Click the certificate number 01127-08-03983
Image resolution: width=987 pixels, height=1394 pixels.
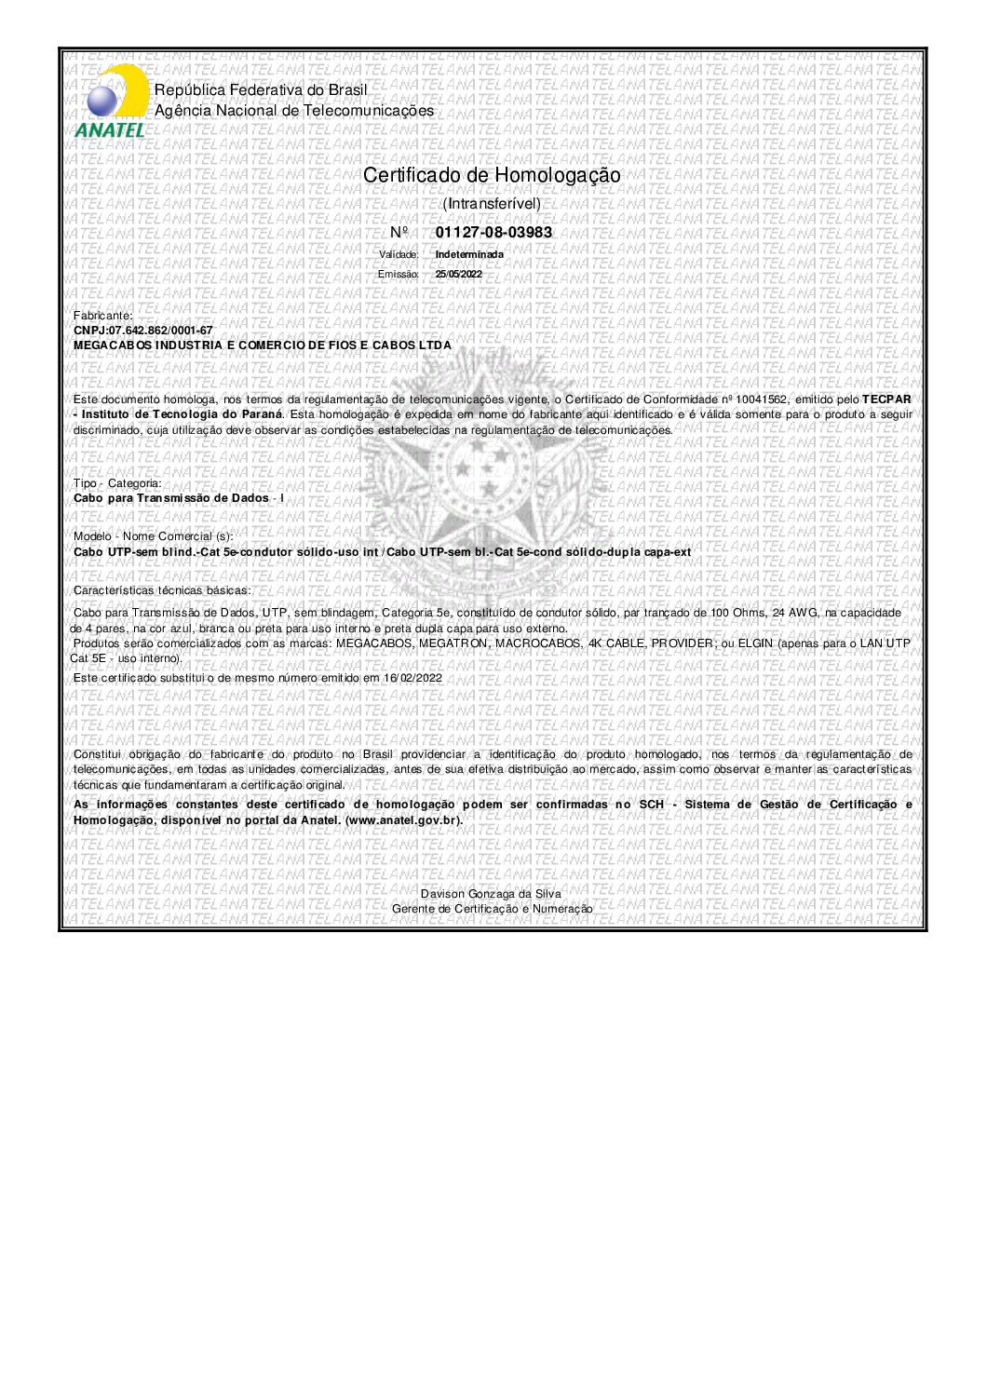pyautogui.click(x=493, y=233)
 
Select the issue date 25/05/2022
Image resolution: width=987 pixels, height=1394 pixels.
pyautogui.click(x=458, y=274)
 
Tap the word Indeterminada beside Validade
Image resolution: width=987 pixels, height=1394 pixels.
pyautogui.click(x=469, y=254)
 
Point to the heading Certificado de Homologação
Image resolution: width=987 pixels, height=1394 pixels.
pyautogui.click(x=492, y=175)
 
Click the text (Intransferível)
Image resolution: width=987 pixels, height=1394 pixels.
pyautogui.click(x=492, y=203)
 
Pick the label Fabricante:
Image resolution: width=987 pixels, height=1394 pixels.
pyautogui.click(x=102, y=316)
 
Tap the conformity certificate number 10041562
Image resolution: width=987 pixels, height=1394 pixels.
pyautogui.click(x=762, y=399)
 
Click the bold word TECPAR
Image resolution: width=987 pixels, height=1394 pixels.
pyautogui.click(x=886, y=399)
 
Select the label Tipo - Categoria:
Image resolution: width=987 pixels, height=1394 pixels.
pyautogui.click(x=116, y=483)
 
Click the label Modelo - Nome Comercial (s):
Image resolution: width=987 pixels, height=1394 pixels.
pyautogui.click(x=153, y=536)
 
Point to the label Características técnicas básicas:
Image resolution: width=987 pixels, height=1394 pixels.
pyautogui.click(x=162, y=590)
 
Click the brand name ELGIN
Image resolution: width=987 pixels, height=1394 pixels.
pyautogui.click(x=756, y=643)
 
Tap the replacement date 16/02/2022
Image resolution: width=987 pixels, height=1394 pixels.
pyautogui.click(x=412, y=678)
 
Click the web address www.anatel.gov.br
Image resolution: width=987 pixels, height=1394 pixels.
pyautogui.click(x=403, y=820)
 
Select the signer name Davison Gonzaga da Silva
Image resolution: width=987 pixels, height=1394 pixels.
pyautogui.click(x=491, y=894)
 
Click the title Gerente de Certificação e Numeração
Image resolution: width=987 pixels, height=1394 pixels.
pyautogui.click(x=492, y=909)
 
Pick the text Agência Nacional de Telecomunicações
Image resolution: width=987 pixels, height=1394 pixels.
pyautogui.click(x=294, y=111)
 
